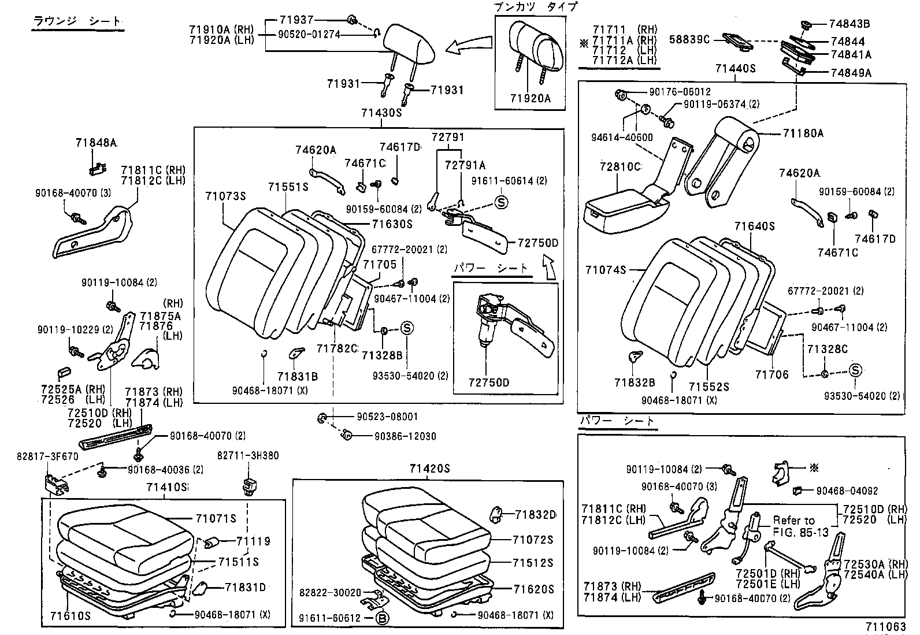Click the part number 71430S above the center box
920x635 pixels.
(x=381, y=113)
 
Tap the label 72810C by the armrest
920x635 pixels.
(x=620, y=167)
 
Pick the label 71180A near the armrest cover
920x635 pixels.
(x=803, y=133)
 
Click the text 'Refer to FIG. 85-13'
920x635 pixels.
(x=795, y=526)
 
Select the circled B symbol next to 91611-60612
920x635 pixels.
(x=382, y=618)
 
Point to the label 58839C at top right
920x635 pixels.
(x=689, y=39)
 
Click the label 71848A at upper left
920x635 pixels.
(x=96, y=142)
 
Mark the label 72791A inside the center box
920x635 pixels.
(x=465, y=165)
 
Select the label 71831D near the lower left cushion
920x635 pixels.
(x=245, y=588)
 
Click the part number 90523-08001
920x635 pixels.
(x=387, y=417)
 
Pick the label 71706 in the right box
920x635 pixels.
(x=771, y=374)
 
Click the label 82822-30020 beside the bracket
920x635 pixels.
(x=330, y=593)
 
